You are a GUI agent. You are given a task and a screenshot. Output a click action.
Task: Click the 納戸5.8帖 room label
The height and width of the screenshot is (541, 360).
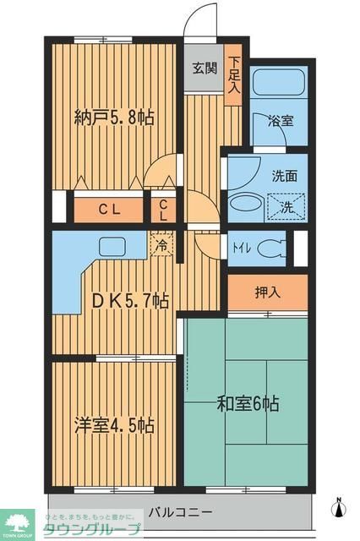114,117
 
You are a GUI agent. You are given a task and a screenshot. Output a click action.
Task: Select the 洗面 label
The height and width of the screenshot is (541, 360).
284,178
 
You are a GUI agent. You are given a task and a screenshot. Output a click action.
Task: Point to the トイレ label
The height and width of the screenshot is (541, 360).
239,248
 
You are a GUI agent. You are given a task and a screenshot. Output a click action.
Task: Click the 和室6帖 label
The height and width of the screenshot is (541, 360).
248,403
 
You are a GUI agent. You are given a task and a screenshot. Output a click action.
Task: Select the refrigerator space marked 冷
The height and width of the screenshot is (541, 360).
162,246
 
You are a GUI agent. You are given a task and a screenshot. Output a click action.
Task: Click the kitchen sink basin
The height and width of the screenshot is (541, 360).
112,247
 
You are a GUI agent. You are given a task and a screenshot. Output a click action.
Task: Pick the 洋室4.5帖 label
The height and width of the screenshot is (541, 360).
114,424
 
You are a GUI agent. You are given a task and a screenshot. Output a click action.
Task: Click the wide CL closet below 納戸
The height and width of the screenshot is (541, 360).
105,208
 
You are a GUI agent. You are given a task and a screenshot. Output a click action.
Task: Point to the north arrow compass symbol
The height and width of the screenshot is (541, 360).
340,506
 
